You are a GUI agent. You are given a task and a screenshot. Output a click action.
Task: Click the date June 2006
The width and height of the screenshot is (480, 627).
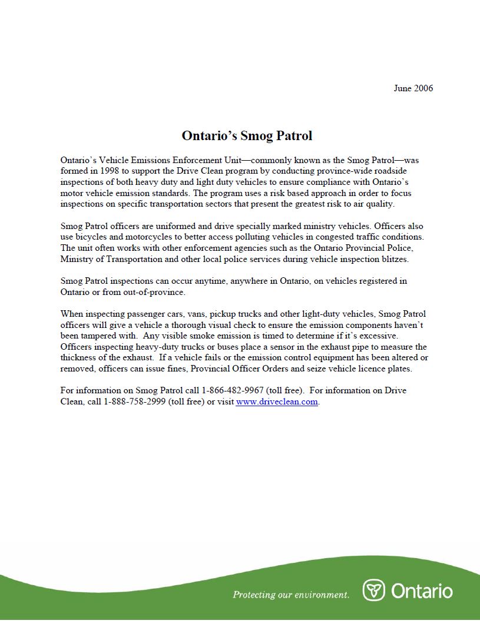click(413, 88)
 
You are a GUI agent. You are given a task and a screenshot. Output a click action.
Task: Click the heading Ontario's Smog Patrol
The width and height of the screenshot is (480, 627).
click(247, 136)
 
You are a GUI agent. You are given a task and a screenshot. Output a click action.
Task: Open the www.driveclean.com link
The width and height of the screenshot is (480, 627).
click(277, 402)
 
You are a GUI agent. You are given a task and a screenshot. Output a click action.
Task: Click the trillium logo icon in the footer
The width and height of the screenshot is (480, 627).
click(373, 590)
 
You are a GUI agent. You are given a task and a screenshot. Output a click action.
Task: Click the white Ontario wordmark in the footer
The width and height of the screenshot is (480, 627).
click(422, 590)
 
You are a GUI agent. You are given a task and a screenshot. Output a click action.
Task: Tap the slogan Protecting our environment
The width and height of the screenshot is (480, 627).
click(291, 594)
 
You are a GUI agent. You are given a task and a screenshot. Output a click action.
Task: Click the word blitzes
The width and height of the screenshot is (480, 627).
click(392, 259)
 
